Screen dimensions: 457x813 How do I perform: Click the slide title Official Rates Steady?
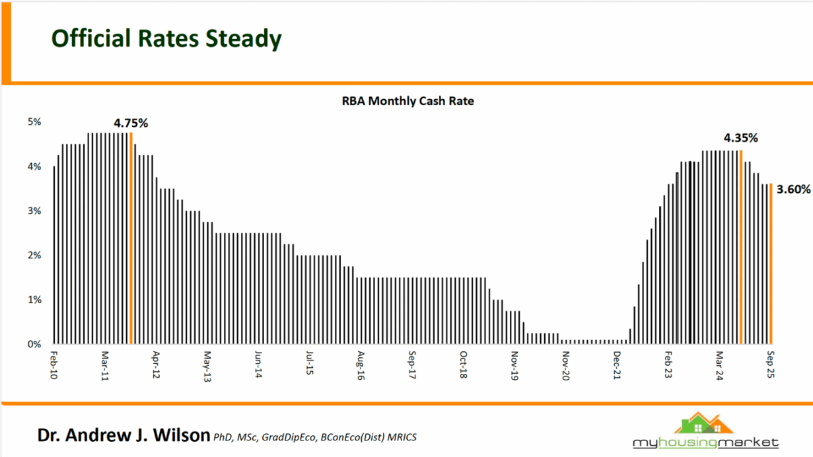point(166,39)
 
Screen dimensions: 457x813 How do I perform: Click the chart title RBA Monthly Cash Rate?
point(407,101)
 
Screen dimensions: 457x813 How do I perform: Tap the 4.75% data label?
point(131,123)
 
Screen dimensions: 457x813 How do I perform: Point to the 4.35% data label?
point(740,138)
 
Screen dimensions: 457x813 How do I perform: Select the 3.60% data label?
point(793,190)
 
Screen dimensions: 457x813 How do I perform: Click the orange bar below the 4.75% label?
point(131,238)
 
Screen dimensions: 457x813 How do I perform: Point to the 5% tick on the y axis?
point(34,122)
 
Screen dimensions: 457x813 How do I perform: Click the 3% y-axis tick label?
point(34,211)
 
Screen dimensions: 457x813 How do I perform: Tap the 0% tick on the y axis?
point(34,344)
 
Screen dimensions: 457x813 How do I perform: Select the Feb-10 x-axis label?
point(54,365)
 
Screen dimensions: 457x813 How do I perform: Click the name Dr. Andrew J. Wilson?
point(124,436)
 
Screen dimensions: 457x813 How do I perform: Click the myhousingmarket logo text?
point(705,442)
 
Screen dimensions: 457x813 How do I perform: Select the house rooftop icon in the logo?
point(700,423)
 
